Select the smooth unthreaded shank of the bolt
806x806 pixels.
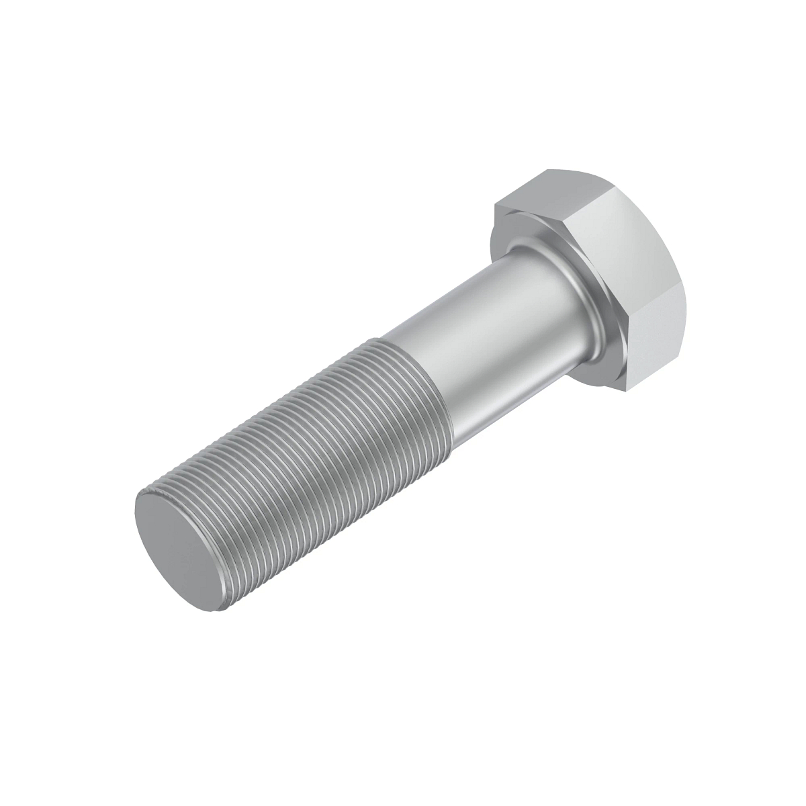click(484, 336)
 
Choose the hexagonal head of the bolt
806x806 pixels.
click(604, 269)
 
